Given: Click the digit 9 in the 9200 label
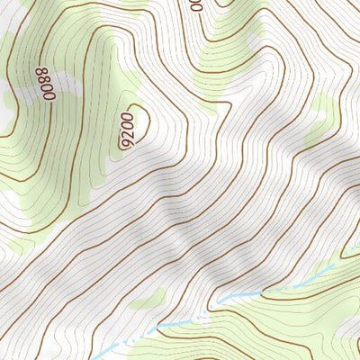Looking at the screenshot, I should [x=125, y=141].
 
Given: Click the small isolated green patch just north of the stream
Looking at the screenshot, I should [x=148, y=298].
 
